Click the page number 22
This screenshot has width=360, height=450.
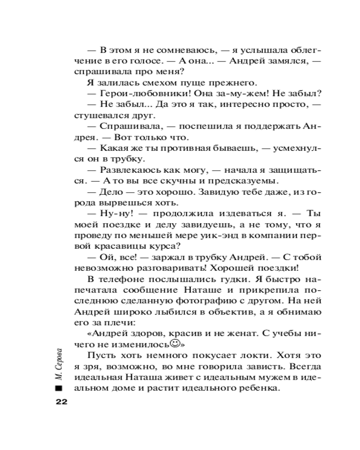coord(61,401)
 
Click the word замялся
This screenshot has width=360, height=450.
coord(286,60)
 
